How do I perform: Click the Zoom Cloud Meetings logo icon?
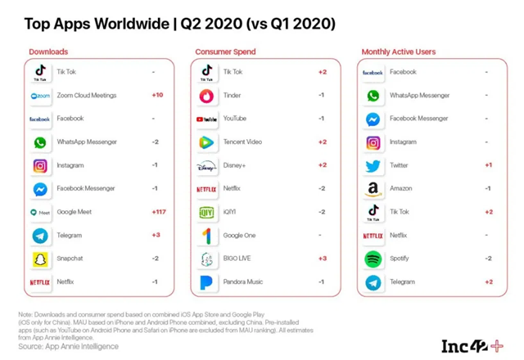(x=39, y=96)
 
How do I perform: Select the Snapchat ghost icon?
(x=39, y=259)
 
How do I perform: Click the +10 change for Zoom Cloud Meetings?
(x=157, y=96)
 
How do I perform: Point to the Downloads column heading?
(x=48, y=52)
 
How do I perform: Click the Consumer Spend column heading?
(x=225, y=52)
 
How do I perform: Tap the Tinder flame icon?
(x=207, y=96)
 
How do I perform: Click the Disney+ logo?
(x=207, y=166)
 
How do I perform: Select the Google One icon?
(x=207, y=236)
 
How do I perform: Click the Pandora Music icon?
(x=207, y=282)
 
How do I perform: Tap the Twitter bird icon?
(x=373, y=166)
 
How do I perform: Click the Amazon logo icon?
(x=373, y=189)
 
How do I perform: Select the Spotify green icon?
(x=373, y=259)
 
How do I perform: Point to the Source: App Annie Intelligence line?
(x=70, y=347)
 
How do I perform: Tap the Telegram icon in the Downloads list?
(x=39, y=236)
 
